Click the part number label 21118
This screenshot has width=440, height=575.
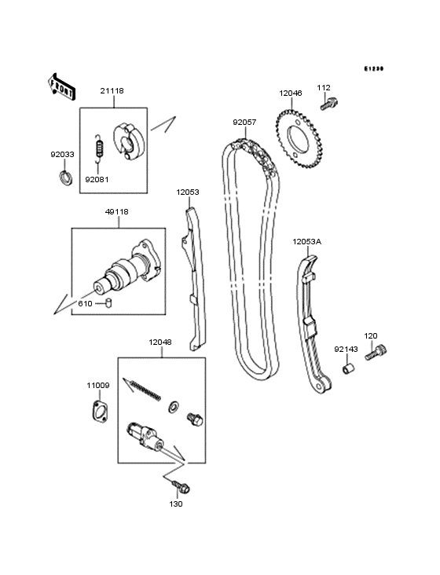pyautogui.click(x=112, y=91)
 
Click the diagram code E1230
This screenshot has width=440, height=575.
pyautogui.click(x=373, y=69)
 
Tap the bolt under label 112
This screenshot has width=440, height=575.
pyautogui.click(x=330, y=101)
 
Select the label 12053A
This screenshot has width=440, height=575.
pyautogui.click(x=307, y=242)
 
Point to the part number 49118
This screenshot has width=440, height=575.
pyautogui.click(x=117, y=211)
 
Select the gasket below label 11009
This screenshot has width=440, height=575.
pyautogui.click(x=98, y=411)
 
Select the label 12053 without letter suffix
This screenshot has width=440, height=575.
pyautogui.click(x=188, y=192)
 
